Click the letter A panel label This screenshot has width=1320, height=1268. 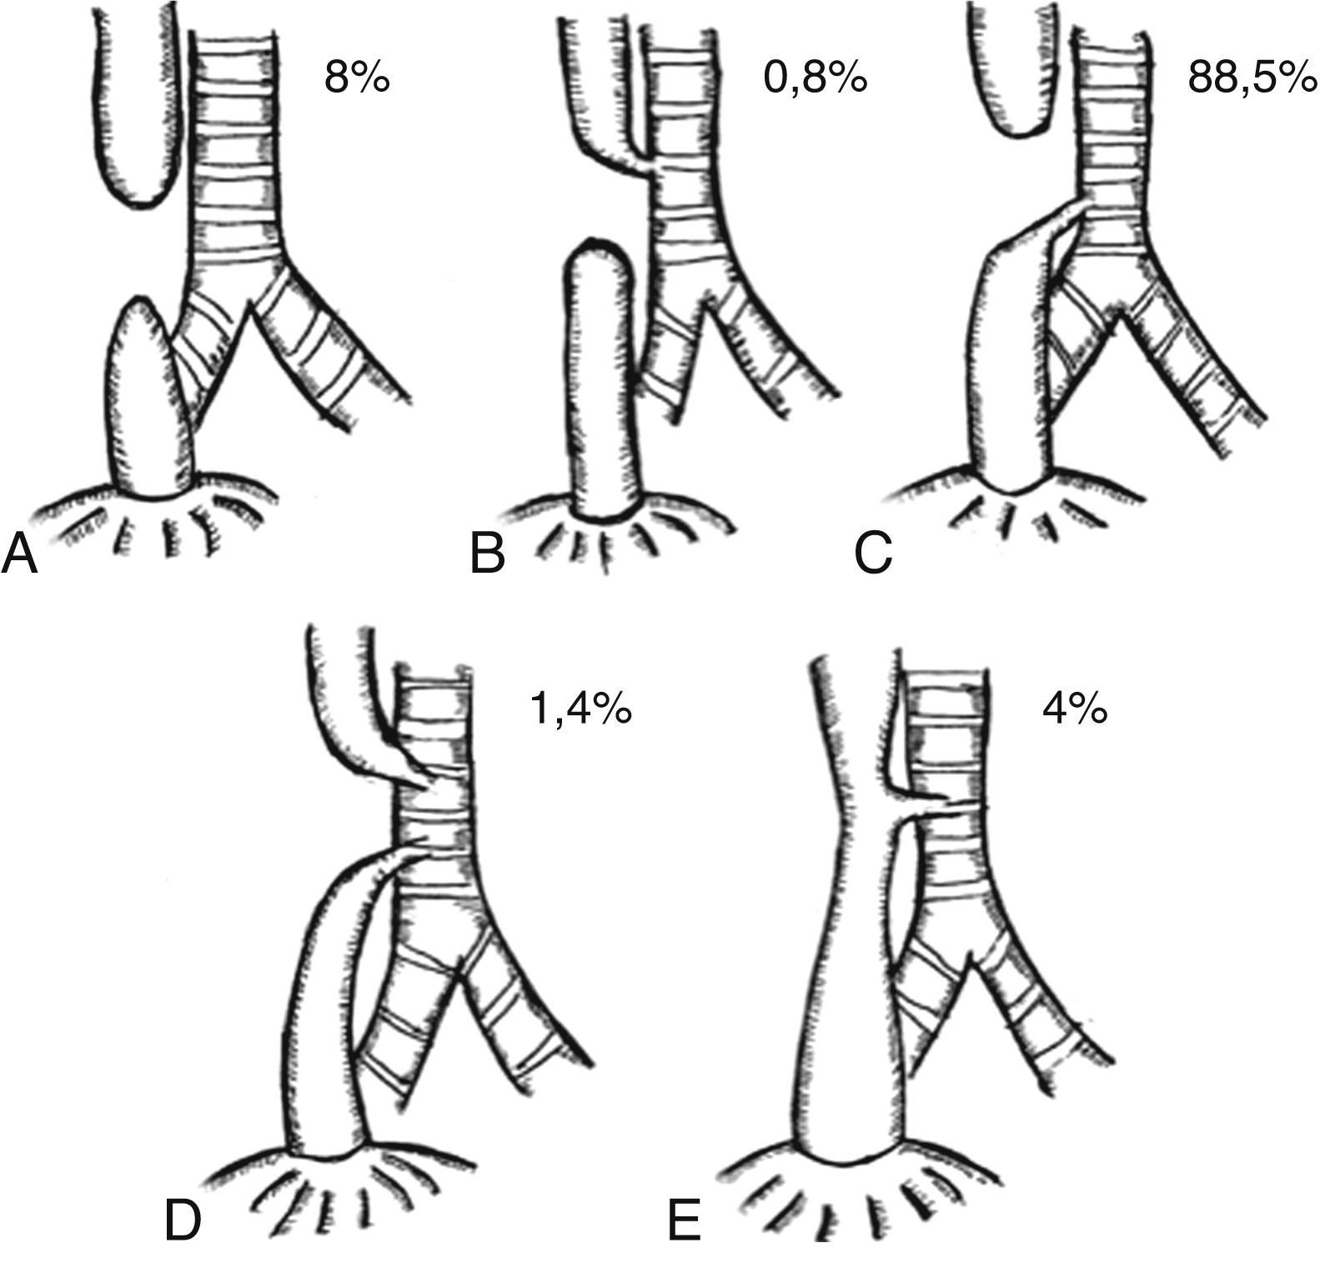point(20,554)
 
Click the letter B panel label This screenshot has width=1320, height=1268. point(489,554)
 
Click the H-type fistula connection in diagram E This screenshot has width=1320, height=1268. point(921,804)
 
